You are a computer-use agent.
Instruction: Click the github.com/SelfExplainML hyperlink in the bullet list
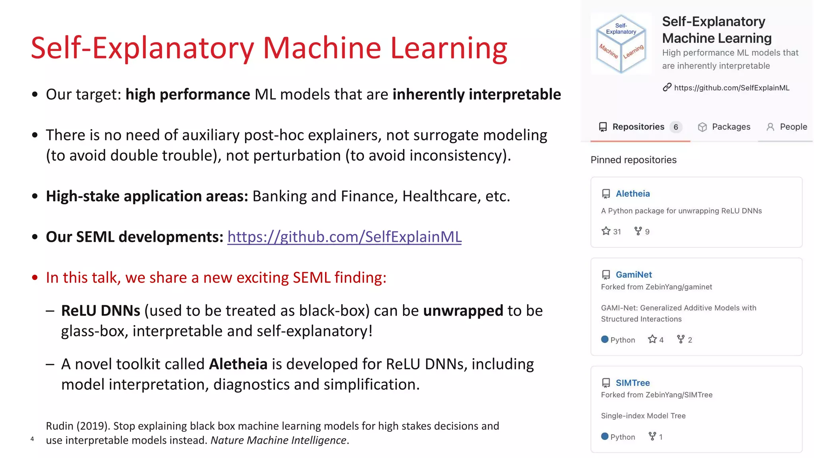[344, 237]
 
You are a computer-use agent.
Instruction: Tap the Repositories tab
[638, 127]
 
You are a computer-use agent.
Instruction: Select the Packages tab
[731, 127]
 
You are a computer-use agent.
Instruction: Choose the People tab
[793, 127]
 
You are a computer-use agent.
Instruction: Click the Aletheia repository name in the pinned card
[633, 194]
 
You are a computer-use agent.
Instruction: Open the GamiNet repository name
[634, 275]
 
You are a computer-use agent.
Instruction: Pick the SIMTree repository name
[633, 383]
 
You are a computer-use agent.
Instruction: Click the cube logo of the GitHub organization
[621, 44]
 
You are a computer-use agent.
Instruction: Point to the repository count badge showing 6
[676, 127]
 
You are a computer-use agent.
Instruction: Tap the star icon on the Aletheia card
[606, 231]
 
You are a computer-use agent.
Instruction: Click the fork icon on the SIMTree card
[652, 436]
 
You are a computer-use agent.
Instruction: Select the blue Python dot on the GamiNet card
[605, 340]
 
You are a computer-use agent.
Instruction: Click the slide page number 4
[32, 439]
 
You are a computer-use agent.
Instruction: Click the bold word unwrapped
[463, 311]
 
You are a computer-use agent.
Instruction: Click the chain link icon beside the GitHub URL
[667, 87]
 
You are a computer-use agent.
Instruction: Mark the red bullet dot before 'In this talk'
[35, 278]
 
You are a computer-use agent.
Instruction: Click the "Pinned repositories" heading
[633, 160]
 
